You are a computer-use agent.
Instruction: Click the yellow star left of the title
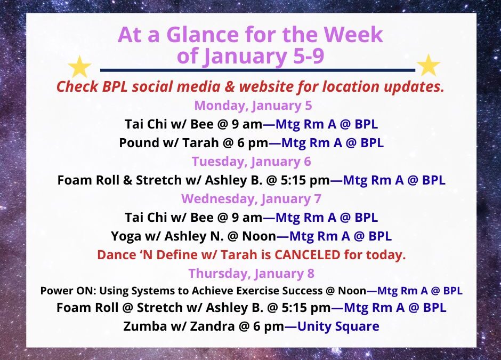click(80, 67)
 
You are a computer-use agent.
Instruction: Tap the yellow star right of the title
click(428, 66)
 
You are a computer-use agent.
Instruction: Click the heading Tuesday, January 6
click(251, 161)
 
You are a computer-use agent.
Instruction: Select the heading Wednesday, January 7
click(250, 198)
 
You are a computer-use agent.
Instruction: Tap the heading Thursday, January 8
click(251, 273)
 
